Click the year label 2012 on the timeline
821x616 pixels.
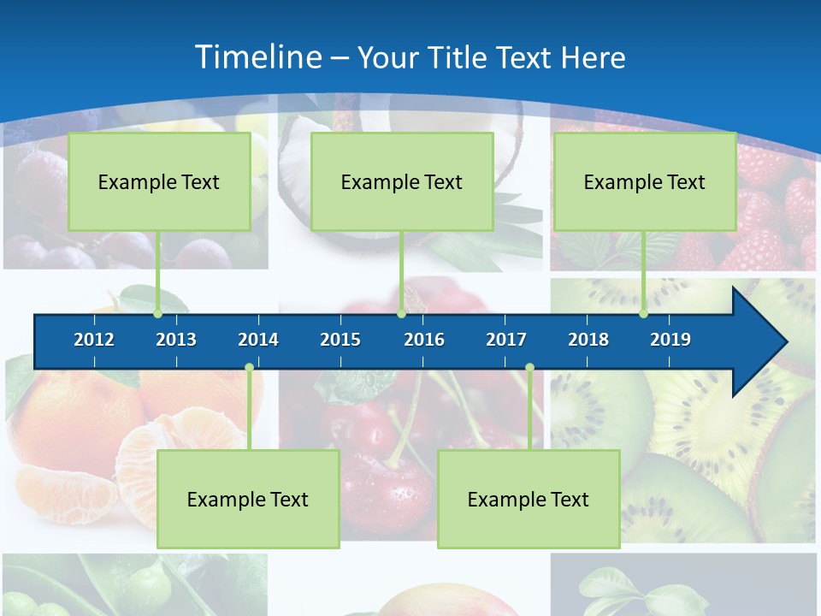pos(94,340)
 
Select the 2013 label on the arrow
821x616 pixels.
pos(176,340)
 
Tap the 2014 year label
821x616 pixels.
pos(258,340)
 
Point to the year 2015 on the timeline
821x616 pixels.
pos(340,340)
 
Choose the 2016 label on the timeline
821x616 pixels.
pos(424,340)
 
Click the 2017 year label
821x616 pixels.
pos(506,340)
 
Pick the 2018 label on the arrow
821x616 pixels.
pos(588,340)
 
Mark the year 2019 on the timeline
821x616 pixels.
pos(670,340)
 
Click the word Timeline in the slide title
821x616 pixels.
pos(257,57)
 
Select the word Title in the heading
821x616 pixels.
pos(458,57)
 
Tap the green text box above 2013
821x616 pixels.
pos(159,181)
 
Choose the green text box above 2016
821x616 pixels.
pos(402,181)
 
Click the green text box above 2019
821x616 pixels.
pos(645,181)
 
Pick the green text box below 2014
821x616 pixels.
pos(248,499)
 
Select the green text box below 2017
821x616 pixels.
pos(529,499)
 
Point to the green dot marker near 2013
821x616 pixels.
pos(158,314)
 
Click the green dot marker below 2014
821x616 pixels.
pos(249,368)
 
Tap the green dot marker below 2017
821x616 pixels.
pos(529,368)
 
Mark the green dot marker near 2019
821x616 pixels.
pos(643,314)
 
